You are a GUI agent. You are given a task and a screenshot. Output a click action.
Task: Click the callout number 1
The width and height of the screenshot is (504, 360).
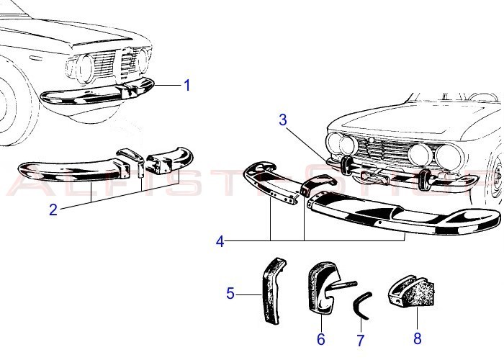[x=187, y=86]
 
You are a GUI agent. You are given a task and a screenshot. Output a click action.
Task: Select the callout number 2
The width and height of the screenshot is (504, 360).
[x=53, y=210]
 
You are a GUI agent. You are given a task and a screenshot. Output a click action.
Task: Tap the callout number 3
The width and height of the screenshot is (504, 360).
[x=283, y=120]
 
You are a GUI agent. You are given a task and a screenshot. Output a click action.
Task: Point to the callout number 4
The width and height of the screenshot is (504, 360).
[x=220, y=242]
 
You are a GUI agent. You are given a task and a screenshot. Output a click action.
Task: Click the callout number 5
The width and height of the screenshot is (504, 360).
[x=230, y=293]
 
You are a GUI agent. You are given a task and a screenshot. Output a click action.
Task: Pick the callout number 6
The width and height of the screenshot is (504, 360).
[x=321, y=338]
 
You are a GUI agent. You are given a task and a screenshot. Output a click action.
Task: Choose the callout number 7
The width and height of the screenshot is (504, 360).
[x=360, y=341]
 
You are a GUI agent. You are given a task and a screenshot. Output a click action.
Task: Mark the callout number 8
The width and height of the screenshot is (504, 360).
[x=417, y=338]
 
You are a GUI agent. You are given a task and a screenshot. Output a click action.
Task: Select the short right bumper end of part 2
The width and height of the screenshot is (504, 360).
[x=170, y=159]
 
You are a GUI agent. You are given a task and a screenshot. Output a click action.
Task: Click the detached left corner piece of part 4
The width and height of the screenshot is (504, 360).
[x=270, y=181]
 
